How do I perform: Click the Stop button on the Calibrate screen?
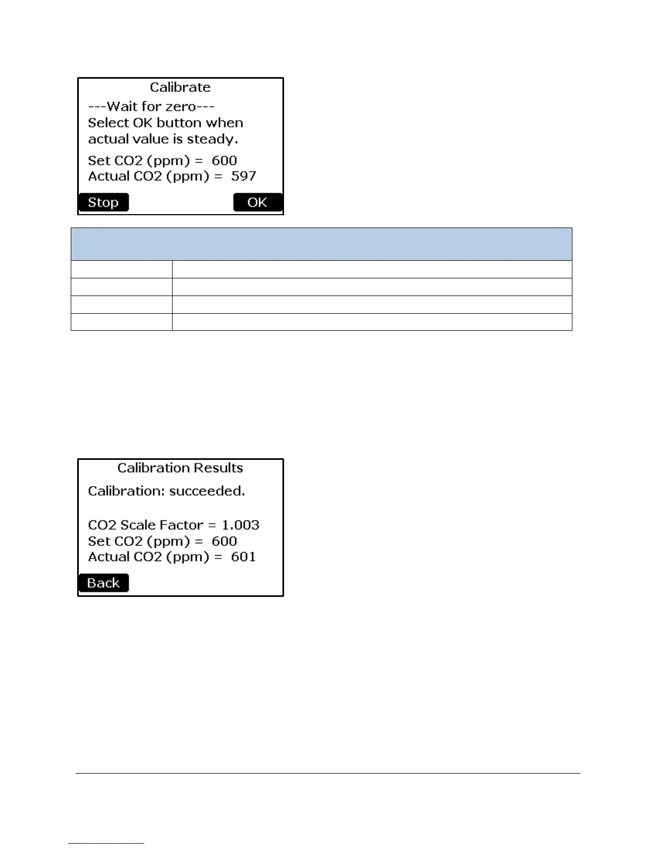(x=103, y=202)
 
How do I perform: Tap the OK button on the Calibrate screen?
(x=257, y=202)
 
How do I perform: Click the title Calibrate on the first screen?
(x=180, y=87)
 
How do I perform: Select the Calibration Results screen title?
(x=180, y=468)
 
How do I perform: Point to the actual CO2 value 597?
(x=244, y=176)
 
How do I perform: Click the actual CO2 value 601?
(x=243, y=557)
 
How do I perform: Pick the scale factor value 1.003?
(x=241, y=525)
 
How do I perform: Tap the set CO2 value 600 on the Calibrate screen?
(x=224, y=161)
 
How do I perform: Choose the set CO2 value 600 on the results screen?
(x=224, y=541)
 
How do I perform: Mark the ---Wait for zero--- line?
(x=151, y=107)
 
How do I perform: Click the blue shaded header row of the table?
(x=322, y=244)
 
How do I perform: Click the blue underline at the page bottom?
(x=106, y=843)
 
